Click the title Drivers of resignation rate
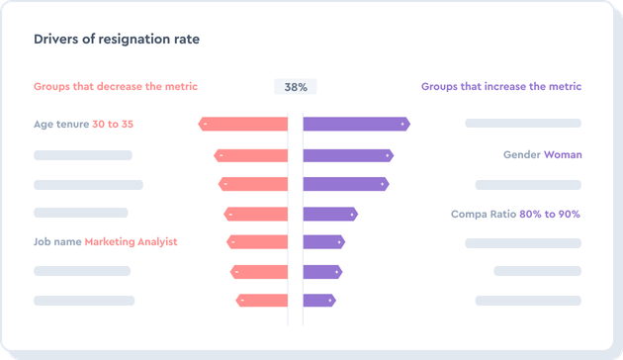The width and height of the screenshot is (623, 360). (x=117, y=40)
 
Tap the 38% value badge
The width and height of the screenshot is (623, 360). (x=295, y=87)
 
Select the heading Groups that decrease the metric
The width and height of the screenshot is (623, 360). (x=116, y=87)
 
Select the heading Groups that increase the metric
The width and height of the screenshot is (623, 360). (x=501, y=87)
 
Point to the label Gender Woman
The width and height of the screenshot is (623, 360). (x=542, y=155)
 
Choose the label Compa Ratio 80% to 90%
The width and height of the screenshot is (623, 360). (x=515, y=215)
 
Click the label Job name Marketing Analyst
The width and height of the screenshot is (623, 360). (x=105, y=242)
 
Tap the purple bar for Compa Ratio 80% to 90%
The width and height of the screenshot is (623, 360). (x=329, y=214)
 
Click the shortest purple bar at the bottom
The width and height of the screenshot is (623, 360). (x=319, y=301)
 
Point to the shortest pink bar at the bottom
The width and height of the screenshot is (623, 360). (x=262, y=301)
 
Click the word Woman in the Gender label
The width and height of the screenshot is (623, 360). (x=563, y=155)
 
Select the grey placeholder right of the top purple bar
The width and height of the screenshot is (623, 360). (x=523, y=125)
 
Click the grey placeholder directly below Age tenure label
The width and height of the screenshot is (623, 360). (x=83, y=155)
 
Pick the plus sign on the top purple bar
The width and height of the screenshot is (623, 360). (x=402, y=125)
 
